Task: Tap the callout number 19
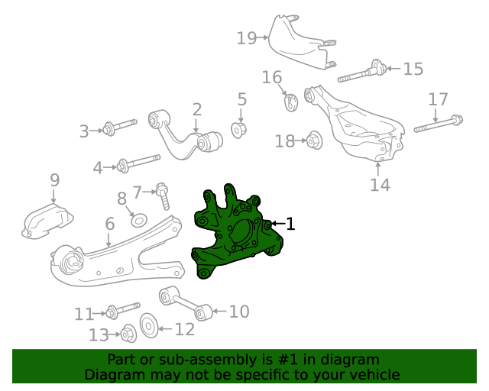coord(246,37)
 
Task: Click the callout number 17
coord(438,99)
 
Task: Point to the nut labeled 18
coord(313,141)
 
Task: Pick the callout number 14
coord(380,185)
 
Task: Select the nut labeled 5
coord(239,129)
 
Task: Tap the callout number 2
coord(196,110)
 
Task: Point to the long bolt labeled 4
coord(138,163)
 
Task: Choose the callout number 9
coord(54,180)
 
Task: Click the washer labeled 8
coord(139,221)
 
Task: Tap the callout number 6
coord(109,224)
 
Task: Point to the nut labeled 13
coord(128,334)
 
